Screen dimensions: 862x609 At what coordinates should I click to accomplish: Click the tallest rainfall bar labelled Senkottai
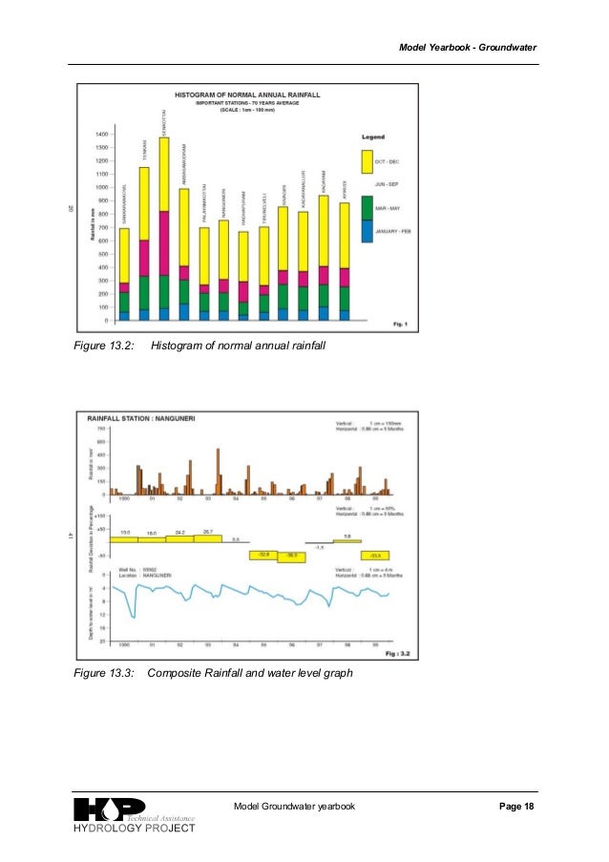(164, 229)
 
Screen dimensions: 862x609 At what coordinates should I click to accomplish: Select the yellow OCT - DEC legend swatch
(367, 161)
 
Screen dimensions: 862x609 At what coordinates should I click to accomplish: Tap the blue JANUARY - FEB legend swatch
(367, 232)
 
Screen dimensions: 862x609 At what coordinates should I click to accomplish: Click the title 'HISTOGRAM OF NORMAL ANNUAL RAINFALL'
(245, 95)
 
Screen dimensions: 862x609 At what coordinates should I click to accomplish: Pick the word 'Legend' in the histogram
(373, 137)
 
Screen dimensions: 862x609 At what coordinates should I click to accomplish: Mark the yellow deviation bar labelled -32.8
(262, 555)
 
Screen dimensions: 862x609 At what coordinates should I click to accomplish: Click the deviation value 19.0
(124, 532)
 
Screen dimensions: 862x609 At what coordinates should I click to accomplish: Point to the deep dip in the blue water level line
(133, 617)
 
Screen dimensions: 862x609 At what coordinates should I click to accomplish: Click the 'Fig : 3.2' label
(399, 654)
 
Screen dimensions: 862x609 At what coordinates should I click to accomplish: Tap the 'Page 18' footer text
(516, 807)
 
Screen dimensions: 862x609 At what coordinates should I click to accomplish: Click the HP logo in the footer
(109, 809)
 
